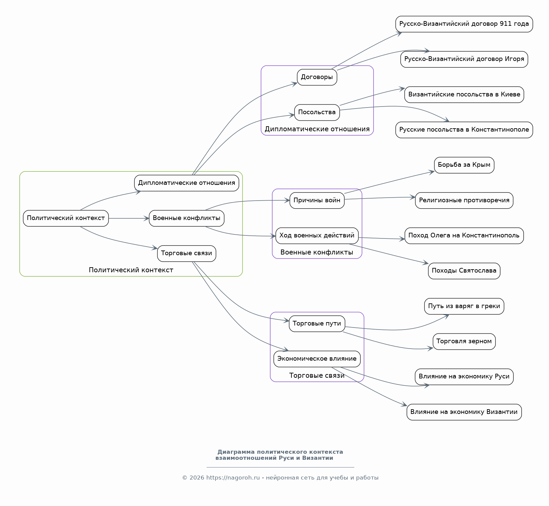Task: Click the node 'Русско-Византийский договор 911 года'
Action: [464, 24]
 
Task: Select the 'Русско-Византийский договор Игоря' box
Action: [464, 59]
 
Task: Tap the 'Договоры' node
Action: [317, 77]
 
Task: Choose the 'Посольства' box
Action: [317, 113]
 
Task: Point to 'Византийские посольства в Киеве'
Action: [464, 94]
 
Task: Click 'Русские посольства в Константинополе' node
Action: [464, 130]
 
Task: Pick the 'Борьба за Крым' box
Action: [464, 165]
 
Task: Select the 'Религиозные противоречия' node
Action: [464, 201]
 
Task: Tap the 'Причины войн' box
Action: [317, 201]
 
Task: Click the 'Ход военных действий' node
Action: [317, 236]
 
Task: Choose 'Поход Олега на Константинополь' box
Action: [464, 236]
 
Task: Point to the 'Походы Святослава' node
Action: [464, 271]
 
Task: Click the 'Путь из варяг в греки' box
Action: [464, 306]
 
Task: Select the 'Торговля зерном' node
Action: [464, 342]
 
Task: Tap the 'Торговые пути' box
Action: [317, 324]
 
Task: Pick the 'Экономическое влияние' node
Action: [317, 359]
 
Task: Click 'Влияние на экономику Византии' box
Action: [464, 412]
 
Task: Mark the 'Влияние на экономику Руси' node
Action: [464, 377]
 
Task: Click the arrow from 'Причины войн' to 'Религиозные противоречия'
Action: [380, 198]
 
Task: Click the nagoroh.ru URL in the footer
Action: [233, 478]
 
